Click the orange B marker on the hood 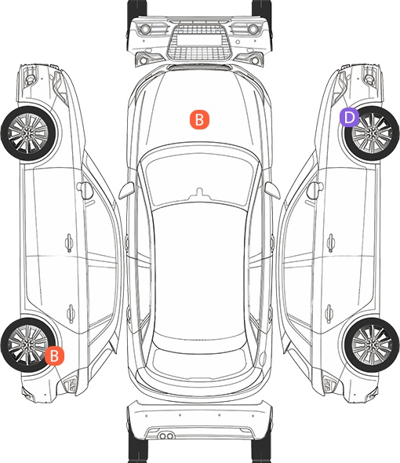[199, 119]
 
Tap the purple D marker [349, 117]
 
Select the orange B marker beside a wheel [54, 355]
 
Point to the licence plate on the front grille [199, 40]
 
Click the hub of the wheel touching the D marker [371, 133]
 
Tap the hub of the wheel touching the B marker [27, 345]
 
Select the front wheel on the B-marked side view [29, 133]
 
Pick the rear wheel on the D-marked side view [371, 345]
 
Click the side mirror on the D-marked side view [314, 191]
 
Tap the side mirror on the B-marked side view [85, 191]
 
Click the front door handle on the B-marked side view [69, 242]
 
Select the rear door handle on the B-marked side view [71, 313]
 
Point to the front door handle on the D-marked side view [331, 242]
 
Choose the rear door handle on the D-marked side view [329, 313]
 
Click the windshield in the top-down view [199, 174]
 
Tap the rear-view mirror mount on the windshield [199, 193]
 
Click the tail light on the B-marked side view [70, 384]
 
